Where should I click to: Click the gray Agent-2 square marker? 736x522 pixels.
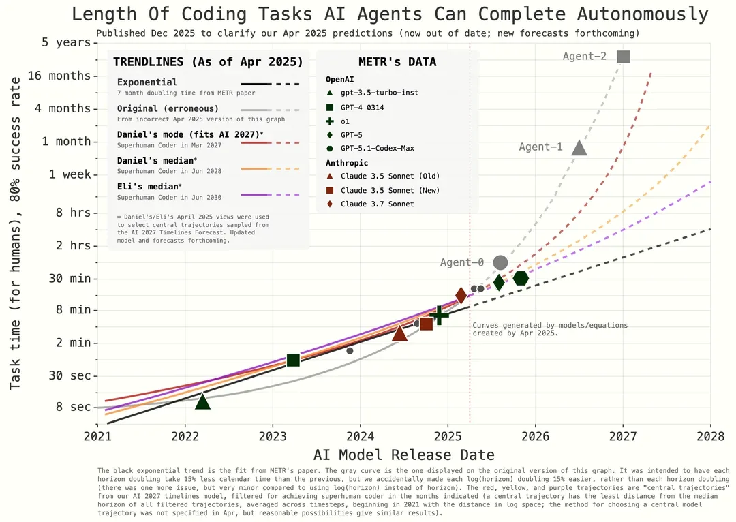[623, 57]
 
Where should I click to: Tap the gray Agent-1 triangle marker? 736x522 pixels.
[579, 149]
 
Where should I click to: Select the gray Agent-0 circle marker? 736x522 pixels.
[500, 263]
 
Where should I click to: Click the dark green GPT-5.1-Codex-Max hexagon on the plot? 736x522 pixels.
[521, 278]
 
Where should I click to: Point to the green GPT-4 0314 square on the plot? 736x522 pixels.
[293, 360]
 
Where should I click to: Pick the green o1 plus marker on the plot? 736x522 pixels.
[439, 315]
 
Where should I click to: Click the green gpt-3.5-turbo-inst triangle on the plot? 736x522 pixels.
[202, 401]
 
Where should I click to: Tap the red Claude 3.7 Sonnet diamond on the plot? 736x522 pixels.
[461, 295]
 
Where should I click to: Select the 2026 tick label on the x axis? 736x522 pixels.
[535, 437]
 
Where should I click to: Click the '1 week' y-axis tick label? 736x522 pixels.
[70, 174]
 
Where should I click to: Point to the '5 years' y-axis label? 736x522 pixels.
[66, 43]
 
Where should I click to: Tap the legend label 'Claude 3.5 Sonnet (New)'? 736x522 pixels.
[390, 191]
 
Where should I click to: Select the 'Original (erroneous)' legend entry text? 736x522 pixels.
[168, 108]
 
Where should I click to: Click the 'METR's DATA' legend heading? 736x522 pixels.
[397, 62]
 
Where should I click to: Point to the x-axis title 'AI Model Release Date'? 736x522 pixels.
[403, 455]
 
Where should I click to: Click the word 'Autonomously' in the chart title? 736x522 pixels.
[642, 14]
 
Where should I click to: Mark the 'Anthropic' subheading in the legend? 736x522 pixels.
[347, 163]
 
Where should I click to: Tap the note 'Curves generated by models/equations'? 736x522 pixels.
[550, 325]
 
